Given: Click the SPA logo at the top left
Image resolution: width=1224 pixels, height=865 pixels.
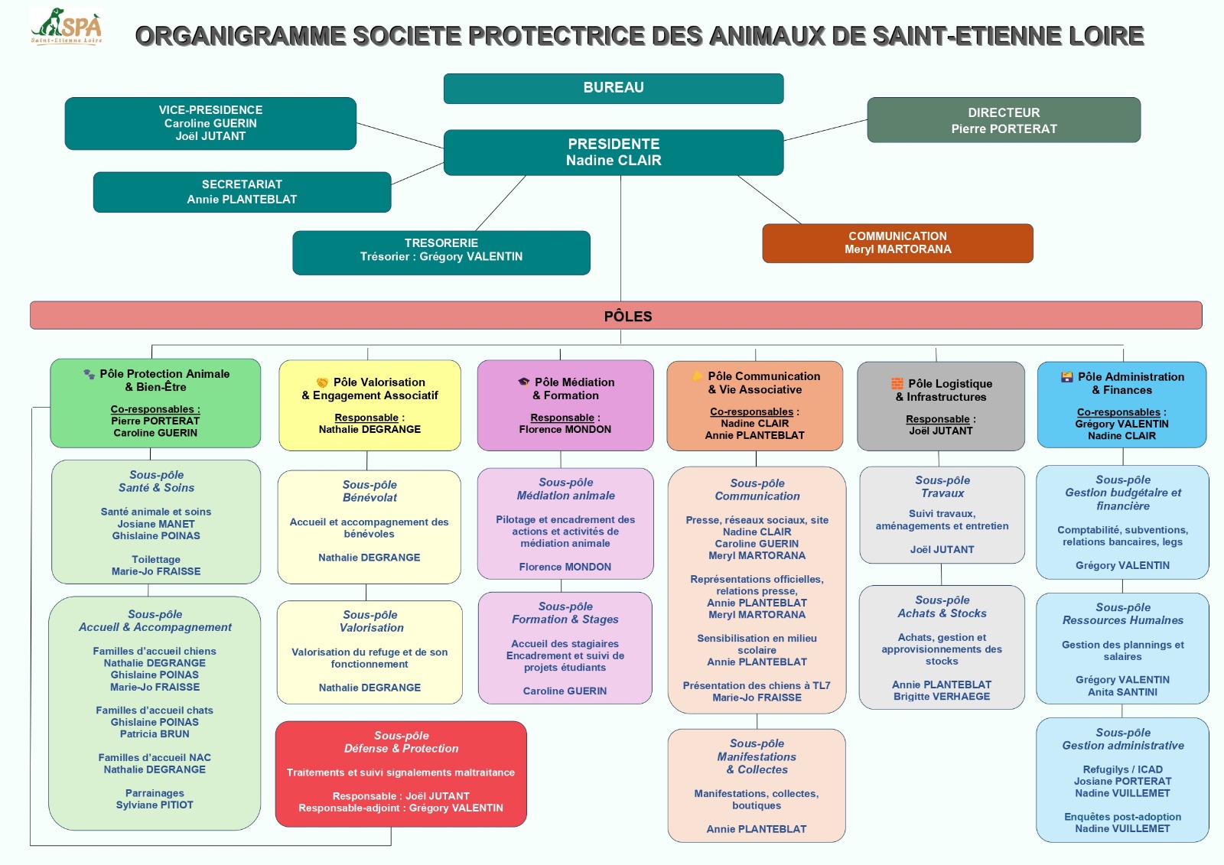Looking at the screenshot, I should coord(67,27).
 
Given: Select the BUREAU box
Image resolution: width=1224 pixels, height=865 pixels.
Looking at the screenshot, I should coord(613,88).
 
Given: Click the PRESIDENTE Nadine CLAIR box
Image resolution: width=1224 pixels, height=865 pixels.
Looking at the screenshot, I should coord(613,152).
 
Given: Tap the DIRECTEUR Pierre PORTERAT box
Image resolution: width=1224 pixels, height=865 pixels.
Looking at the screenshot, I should coord(1003,120).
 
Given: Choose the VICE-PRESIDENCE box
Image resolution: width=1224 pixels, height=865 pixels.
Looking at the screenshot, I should coord(210,123).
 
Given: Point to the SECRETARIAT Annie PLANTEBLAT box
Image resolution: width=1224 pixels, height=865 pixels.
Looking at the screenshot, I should coord(242,192).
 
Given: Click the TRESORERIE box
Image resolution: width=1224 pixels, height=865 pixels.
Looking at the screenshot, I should coord(441,252).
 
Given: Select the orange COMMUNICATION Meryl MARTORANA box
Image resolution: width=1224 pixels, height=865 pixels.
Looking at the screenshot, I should coord(897,243).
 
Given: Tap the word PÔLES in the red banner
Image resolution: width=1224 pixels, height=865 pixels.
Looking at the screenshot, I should coord(628,316).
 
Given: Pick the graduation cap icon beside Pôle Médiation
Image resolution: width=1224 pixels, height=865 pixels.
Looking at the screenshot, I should coord(523,382).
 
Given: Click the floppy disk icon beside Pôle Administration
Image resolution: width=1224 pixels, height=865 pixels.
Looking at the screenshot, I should coord(1066,376).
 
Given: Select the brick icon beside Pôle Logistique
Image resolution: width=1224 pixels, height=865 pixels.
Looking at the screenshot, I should coord(897,383).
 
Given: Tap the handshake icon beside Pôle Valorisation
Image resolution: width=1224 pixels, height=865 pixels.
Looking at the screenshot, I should coord(322,382).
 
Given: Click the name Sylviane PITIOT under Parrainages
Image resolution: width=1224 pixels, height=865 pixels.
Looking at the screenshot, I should coord(155,805).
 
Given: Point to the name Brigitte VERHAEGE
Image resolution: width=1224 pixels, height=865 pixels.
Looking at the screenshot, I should coord(941,696).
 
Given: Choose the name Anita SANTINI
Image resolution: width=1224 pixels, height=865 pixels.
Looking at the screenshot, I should coord(1122,691).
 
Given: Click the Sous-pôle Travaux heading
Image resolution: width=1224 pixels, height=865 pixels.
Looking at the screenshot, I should coord(942,486).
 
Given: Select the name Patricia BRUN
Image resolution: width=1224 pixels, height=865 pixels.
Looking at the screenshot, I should coord(155,733).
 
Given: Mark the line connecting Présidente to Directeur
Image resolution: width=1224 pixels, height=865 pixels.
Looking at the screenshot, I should coord(825,130).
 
